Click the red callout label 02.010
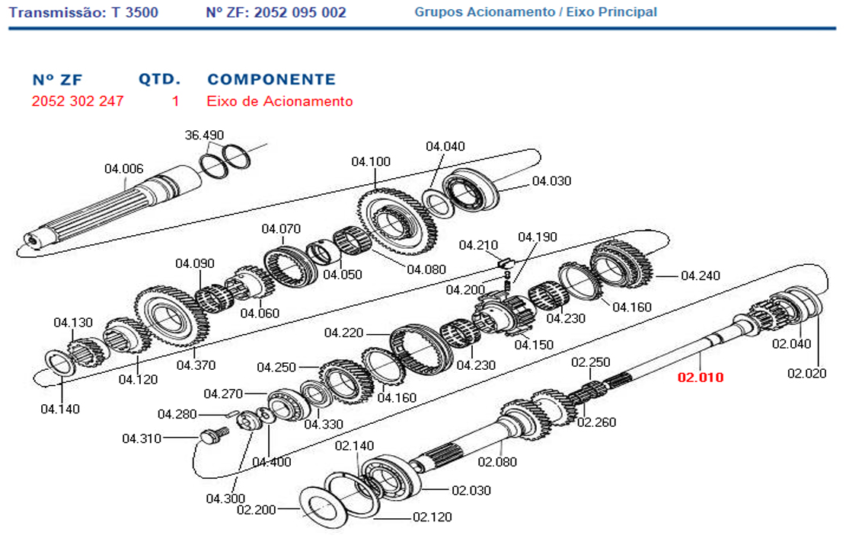(701, 377)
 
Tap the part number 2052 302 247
(78, 101)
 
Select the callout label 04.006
(123, 169)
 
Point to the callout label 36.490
(204, 135)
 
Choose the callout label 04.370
(196, 365)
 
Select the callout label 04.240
(700, 275)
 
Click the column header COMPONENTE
(271, 79)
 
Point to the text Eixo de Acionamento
(279, 101)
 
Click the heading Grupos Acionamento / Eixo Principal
(535, 12)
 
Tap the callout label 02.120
(432, 518)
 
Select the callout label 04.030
(551, 181)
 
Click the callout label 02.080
(497, 462)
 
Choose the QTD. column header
(159, 79)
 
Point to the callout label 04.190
(537, 237)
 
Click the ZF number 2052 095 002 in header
(276, 12)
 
